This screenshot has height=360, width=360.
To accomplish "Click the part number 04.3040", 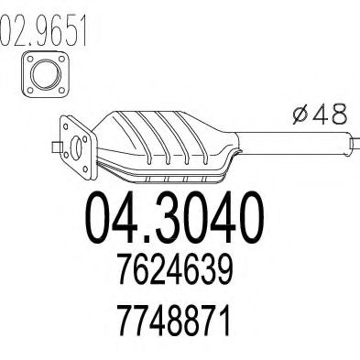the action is click(174, 217).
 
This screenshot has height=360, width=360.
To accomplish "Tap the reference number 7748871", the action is click(174, 321).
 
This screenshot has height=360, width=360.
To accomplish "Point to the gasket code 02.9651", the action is click(43, 30).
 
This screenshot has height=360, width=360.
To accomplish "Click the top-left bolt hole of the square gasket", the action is click(30, 59).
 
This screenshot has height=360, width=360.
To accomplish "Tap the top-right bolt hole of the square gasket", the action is click(61, 59).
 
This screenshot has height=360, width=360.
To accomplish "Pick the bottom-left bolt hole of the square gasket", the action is click(30, 90).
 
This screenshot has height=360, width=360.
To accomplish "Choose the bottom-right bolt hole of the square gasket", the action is click(61, 90).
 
